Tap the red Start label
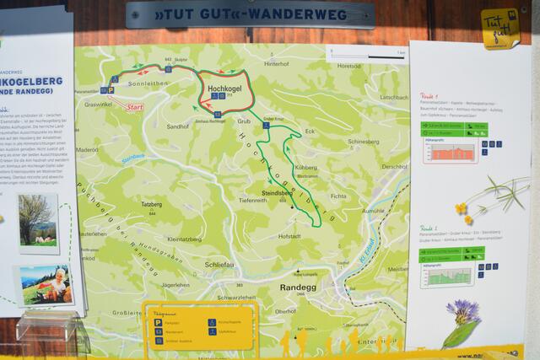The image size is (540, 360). coord(133,107)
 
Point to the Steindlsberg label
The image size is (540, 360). coord(277,193)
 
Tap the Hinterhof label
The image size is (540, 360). coord(276,64)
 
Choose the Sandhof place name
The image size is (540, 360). coord(178,126)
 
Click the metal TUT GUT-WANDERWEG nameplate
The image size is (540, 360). coord(250,14)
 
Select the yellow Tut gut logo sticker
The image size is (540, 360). coord(499,28)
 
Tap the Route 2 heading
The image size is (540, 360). coord(431,228)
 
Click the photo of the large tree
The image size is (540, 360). coord(38,222)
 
